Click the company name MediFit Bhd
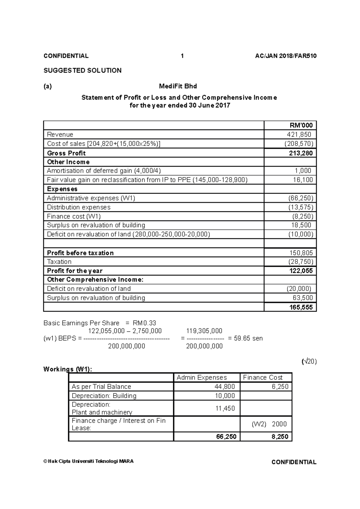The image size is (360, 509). point(178,86)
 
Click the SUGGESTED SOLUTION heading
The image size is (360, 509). point(82,70)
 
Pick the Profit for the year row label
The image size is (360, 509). point(75,271)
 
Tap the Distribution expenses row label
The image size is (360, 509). point(79,207)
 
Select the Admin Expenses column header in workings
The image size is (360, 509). point(202,378)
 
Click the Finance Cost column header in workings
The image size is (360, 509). point(262,378)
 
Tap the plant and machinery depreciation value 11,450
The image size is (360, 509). point(225,408)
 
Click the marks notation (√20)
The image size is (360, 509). point(309,362)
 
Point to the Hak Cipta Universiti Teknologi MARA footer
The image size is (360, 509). point(88,461)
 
